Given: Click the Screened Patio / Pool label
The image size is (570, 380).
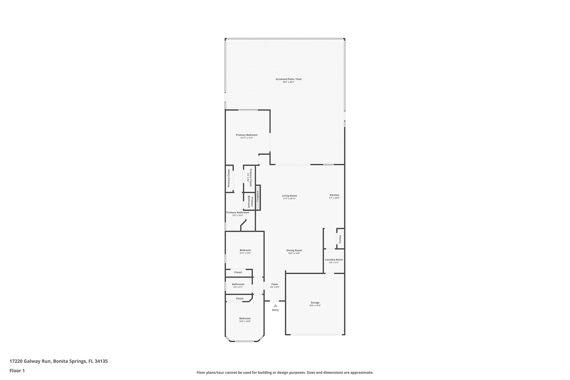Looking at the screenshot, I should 288,79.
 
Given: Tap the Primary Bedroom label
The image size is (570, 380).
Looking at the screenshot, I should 247,135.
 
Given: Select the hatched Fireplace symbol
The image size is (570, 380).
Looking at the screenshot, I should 258,197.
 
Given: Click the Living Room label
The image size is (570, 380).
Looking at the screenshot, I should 289,196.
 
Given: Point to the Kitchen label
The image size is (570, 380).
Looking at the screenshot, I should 334,195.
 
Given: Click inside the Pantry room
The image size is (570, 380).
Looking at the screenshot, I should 340,239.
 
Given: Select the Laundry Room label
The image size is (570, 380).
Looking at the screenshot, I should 334,260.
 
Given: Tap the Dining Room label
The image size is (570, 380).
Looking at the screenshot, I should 294,251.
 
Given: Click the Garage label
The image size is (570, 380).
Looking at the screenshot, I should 315,303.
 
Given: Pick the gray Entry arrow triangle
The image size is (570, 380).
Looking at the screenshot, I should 275,306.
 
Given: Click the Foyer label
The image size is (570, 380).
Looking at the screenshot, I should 275,284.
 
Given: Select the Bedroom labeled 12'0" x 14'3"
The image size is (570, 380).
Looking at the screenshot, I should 245,250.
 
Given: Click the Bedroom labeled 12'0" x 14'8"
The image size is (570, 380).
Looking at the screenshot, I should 245,318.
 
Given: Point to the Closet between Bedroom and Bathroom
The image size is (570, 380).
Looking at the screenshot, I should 238,272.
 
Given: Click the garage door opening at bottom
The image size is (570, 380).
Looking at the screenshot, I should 316,335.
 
